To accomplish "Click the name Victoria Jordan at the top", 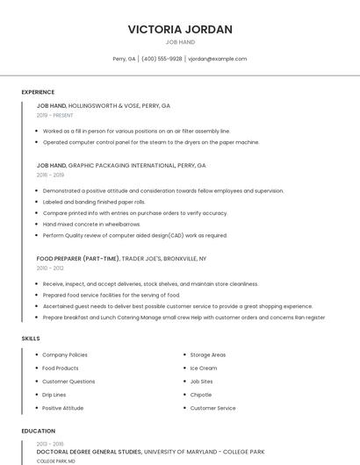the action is point(180,29).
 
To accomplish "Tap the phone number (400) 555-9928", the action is point(162,59).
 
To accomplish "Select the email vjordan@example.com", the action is point(218,59).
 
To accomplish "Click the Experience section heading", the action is point(38,92).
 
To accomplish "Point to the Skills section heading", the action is point(31,338).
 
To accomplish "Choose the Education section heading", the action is point(38,431).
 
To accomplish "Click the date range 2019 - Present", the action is point(54,115).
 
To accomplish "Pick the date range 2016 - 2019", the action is point(50,175).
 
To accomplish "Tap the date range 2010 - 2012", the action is point(50,268).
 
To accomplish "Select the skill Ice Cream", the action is point(203,368).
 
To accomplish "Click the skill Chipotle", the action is point(201,395).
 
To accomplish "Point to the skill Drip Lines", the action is point(54,395).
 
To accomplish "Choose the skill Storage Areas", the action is point(208,355).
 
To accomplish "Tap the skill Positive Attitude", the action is point(63,408).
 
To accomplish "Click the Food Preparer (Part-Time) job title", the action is point(77,259).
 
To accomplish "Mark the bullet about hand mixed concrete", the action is point(91,224).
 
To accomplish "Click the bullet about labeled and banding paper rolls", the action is point(94,202).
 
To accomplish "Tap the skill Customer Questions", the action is point(68,382).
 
